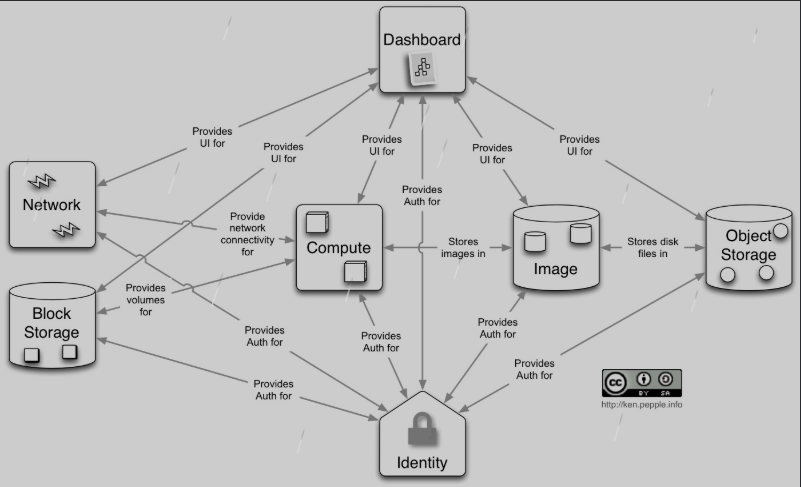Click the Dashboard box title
pos(422,40)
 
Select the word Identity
pos(422,463)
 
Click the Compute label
pos(338,248)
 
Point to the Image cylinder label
pos(555,269)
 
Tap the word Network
pos(51,205)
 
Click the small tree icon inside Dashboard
pos(421,69)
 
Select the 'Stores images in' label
pos(463,247)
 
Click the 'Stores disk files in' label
pos(653,247)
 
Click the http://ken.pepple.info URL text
pos(641,404)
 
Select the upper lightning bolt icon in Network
pos(45,181)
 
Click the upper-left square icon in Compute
pos(317,222)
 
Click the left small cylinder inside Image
pos(535,242)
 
